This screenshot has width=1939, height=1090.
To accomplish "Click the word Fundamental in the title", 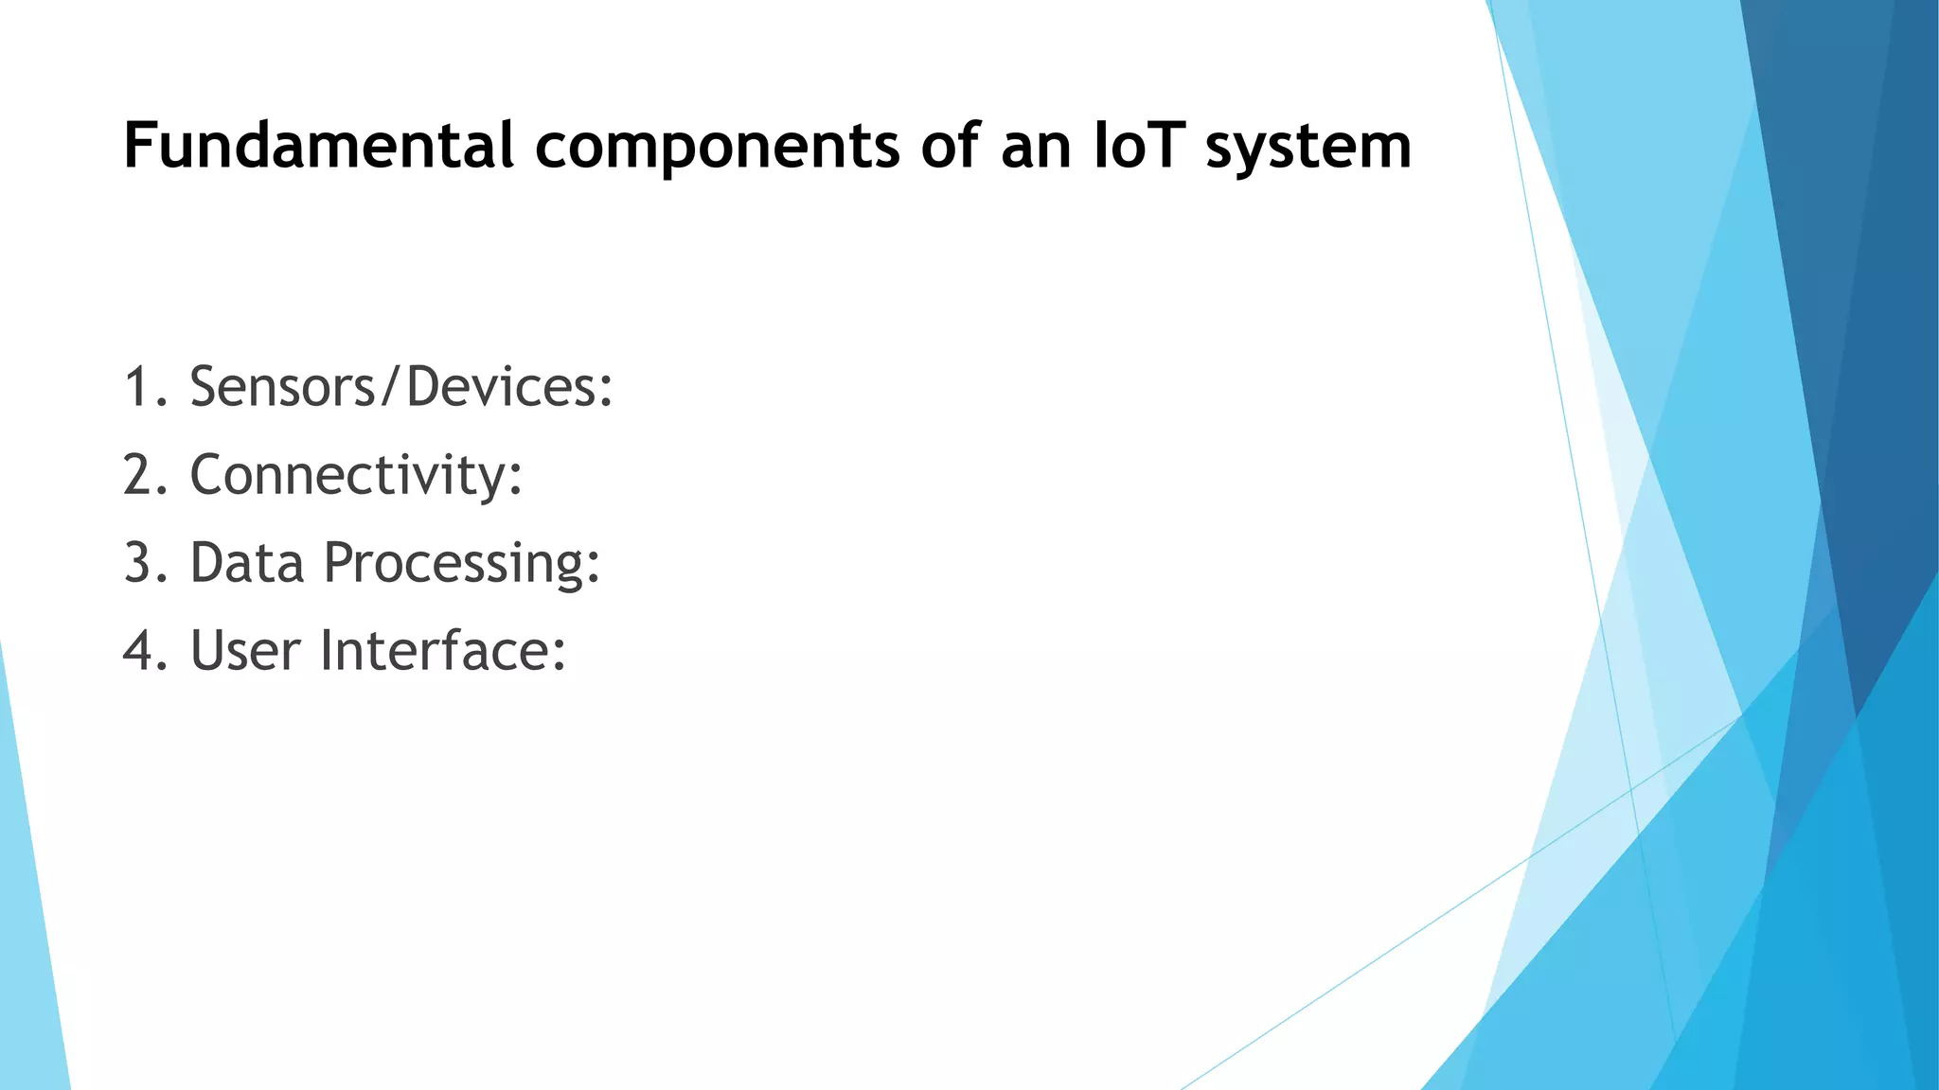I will (318, 147).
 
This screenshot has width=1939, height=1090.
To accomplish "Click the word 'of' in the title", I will (952, 147).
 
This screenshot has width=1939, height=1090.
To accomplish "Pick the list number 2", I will (139, 475).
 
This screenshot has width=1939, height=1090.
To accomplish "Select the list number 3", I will (139, 563).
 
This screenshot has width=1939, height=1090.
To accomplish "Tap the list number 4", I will (139, 651).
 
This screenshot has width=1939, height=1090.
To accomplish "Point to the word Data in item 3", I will (247, 563).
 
